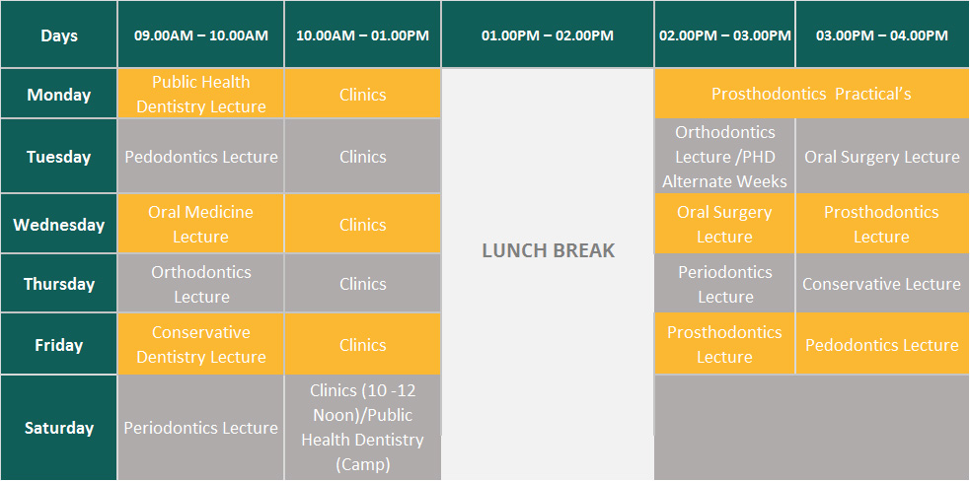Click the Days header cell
59,34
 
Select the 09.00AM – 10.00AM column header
201,34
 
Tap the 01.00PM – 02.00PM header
548,34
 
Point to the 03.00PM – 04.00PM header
882,34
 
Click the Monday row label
59,94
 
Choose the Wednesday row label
59,224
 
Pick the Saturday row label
59,428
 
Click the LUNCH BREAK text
548,250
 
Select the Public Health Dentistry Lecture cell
201,94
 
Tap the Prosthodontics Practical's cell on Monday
812,94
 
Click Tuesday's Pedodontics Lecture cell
201,157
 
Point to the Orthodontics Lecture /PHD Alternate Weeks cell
724,157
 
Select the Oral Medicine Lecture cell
201,224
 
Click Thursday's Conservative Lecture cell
882,284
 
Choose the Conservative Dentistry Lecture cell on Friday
201,344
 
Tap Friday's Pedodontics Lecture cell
882,344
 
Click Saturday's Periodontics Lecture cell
201,428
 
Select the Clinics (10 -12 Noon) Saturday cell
362,428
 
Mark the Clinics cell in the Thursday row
362,284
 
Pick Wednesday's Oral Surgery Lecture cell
724,224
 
